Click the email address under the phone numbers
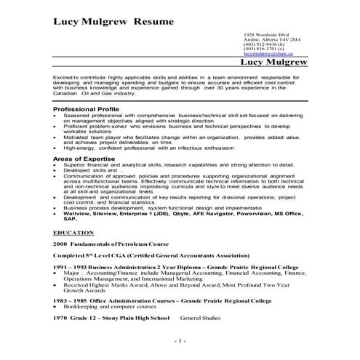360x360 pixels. [x=268, y=54]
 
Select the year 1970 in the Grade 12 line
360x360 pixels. [x=60, y=318]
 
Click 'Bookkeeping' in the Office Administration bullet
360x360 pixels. [x=79, y=308]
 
